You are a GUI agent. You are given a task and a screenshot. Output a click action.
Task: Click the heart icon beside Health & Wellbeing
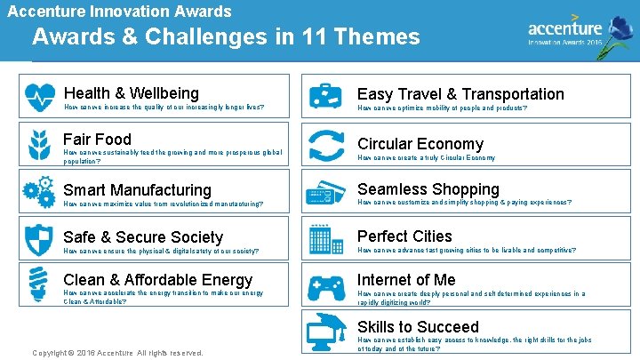40,97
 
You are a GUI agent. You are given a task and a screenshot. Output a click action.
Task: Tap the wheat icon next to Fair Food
40,145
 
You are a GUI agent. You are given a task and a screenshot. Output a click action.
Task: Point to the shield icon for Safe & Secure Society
40,239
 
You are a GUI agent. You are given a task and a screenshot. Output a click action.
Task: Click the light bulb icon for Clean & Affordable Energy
40,285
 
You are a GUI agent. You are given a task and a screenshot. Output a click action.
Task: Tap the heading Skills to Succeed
417,326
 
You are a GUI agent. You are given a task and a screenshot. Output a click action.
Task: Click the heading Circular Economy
420,144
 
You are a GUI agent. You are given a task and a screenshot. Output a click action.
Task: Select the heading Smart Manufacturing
137,189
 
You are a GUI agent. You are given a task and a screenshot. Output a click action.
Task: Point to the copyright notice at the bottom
117,353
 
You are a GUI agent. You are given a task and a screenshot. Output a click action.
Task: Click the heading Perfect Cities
404,236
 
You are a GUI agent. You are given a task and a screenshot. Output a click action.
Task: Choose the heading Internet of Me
406,280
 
